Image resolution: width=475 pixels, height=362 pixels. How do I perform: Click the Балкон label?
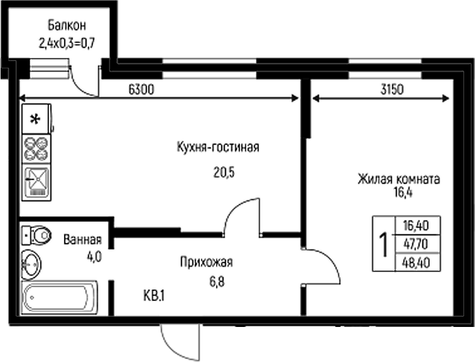pos(66,25)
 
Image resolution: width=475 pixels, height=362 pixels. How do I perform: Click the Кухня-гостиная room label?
pos(218,147)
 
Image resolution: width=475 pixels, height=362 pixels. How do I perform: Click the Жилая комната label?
pos(399,179)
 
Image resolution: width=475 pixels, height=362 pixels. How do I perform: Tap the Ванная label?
pos(83,239)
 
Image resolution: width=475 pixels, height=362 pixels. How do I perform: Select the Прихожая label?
pos(206,262)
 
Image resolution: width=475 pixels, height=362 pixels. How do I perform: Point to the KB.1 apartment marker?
pos(155,296)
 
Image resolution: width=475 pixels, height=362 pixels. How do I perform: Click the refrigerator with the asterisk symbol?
pos(36,119)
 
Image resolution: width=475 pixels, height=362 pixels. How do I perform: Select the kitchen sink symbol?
pos(36,183)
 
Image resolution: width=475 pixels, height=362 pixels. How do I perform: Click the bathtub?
pos(59,298)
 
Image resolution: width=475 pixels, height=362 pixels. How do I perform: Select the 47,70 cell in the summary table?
pos(416,244)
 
